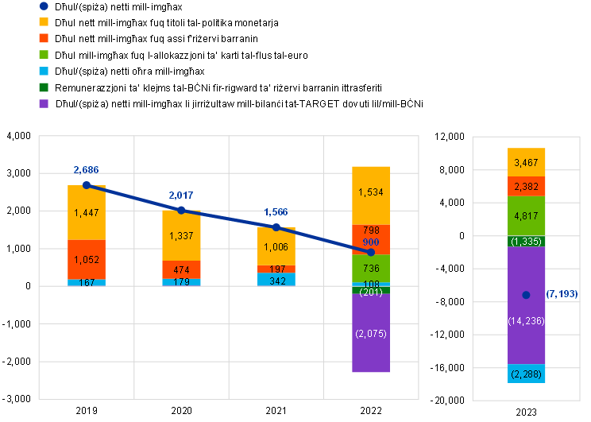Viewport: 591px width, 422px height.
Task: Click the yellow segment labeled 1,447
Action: coord(87,213)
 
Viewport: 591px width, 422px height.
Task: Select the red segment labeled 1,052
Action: coord(87,259)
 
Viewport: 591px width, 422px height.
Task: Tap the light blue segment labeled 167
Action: coord(87,282)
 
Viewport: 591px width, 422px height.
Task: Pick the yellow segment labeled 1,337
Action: coord(181,236)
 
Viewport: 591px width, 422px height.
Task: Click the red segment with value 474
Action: coord(181,270)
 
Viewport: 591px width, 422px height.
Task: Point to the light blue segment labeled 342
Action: coord(276,280)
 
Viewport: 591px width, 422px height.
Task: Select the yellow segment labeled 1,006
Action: coord(276,246)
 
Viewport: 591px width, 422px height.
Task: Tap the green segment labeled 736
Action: coord(371,269)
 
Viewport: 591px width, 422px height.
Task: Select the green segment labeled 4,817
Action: coord(527,216)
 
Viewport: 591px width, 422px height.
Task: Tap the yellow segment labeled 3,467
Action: coord(527,162)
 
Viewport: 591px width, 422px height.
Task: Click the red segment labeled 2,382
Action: coord(527,187)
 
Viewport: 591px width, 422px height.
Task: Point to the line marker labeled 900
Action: coord(371,252)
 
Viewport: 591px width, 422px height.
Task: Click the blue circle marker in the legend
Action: coord(44,6)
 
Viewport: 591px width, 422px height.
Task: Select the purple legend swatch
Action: coord(44,103)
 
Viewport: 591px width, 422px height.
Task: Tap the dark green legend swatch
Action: coord(44,87)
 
